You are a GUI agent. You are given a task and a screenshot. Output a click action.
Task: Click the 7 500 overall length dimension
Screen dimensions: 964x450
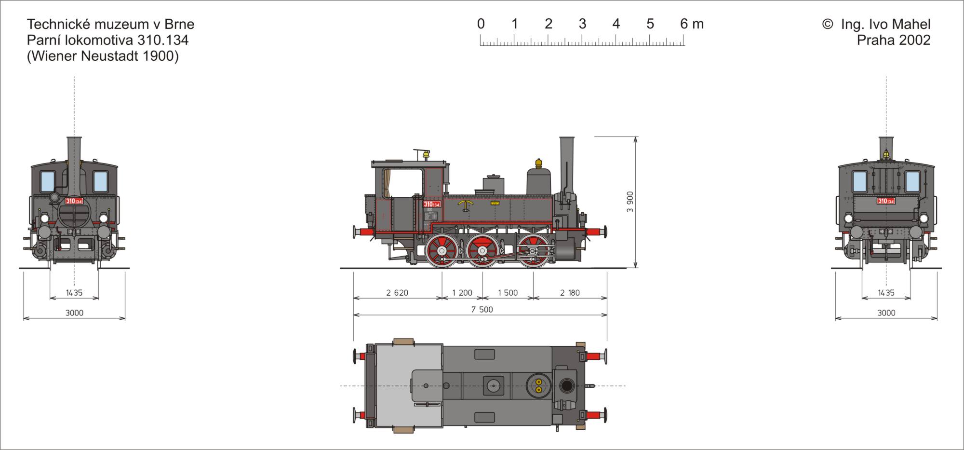pos(482,310)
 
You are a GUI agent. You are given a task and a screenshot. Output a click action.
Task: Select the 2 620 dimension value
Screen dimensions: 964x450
pos(397,293)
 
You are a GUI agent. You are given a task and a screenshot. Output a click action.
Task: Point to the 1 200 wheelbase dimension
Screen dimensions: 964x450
pos(462,293)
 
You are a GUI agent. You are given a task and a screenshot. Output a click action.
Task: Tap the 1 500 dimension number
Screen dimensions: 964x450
pos(508,293)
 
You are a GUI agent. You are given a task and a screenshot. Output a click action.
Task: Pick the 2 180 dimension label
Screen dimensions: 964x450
pos(570,293)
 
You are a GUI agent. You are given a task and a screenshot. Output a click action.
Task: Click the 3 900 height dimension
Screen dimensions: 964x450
pos(630,202)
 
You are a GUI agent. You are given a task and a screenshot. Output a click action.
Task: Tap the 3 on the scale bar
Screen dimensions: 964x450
pos(582,24)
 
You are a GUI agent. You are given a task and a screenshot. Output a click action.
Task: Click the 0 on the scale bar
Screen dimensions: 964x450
pos(481,24)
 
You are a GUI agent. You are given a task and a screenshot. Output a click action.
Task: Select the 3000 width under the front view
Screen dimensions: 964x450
pos(74,313)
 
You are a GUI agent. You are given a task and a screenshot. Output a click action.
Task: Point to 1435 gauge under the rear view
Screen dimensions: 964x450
pos(886,293)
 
